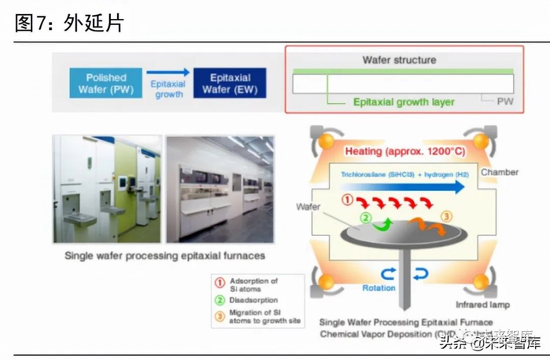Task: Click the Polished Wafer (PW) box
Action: (x=106, y=83)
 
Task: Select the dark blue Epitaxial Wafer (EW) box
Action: (x=230, y=83)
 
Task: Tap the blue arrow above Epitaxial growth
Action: (x=167, y=72)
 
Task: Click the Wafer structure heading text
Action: (x=398, y=60)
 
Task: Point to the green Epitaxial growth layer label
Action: (x=404, y=102)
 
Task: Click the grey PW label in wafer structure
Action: (x=505, y=101)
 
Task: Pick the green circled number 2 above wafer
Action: (x=365, y=219)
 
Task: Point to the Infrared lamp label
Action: (x=483, y=304)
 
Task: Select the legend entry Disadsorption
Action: (x=252, y=299)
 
